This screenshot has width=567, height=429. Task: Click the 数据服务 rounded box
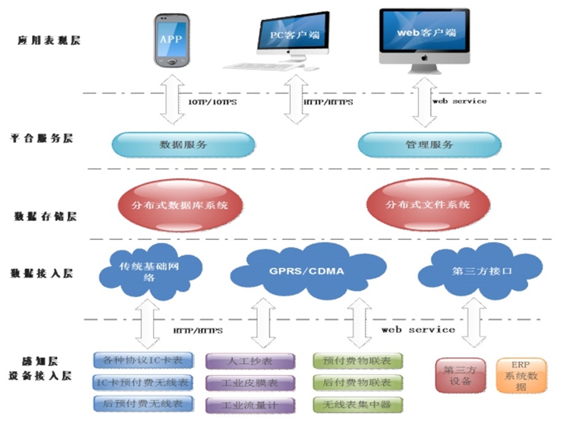(x=183, y=145)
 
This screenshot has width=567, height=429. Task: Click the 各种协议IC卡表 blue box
(x=143, y=360)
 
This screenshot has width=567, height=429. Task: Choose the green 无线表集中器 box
(x=357, y=404)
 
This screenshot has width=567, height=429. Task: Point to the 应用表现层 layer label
(x=49, y=41)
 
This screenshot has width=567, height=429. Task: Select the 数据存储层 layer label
(x=45, y=217)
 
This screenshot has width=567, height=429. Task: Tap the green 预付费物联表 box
(x=357, y=361)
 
